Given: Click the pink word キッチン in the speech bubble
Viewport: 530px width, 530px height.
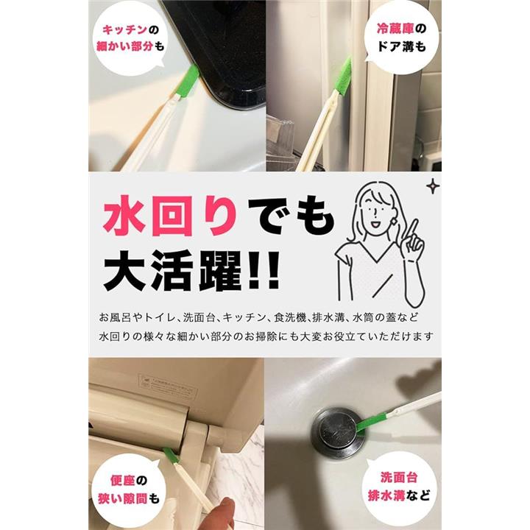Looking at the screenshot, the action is pos(125,30).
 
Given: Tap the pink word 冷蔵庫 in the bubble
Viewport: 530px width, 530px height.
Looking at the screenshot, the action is pos(395,29).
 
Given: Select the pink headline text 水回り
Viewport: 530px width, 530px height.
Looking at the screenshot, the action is pos(171,216).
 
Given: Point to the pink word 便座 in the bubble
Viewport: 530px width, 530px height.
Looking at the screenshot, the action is pos(123,480).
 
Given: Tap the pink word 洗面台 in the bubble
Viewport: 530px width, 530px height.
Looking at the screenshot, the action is pos(399,477).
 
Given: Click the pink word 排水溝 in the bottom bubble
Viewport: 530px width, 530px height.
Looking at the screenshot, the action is pos(386,495).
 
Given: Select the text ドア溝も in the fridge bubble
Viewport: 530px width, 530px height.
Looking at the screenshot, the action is pos(402,46).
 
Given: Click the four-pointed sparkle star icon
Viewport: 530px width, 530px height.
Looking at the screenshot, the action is pos(433,187).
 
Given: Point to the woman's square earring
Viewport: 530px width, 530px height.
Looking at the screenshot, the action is pos(395,219).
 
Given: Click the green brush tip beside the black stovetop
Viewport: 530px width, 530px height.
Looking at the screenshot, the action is pos(188,81).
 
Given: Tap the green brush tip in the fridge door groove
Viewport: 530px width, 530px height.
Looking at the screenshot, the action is pos(343,74).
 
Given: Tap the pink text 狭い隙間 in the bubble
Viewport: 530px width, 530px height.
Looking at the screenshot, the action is pos(123,499).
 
